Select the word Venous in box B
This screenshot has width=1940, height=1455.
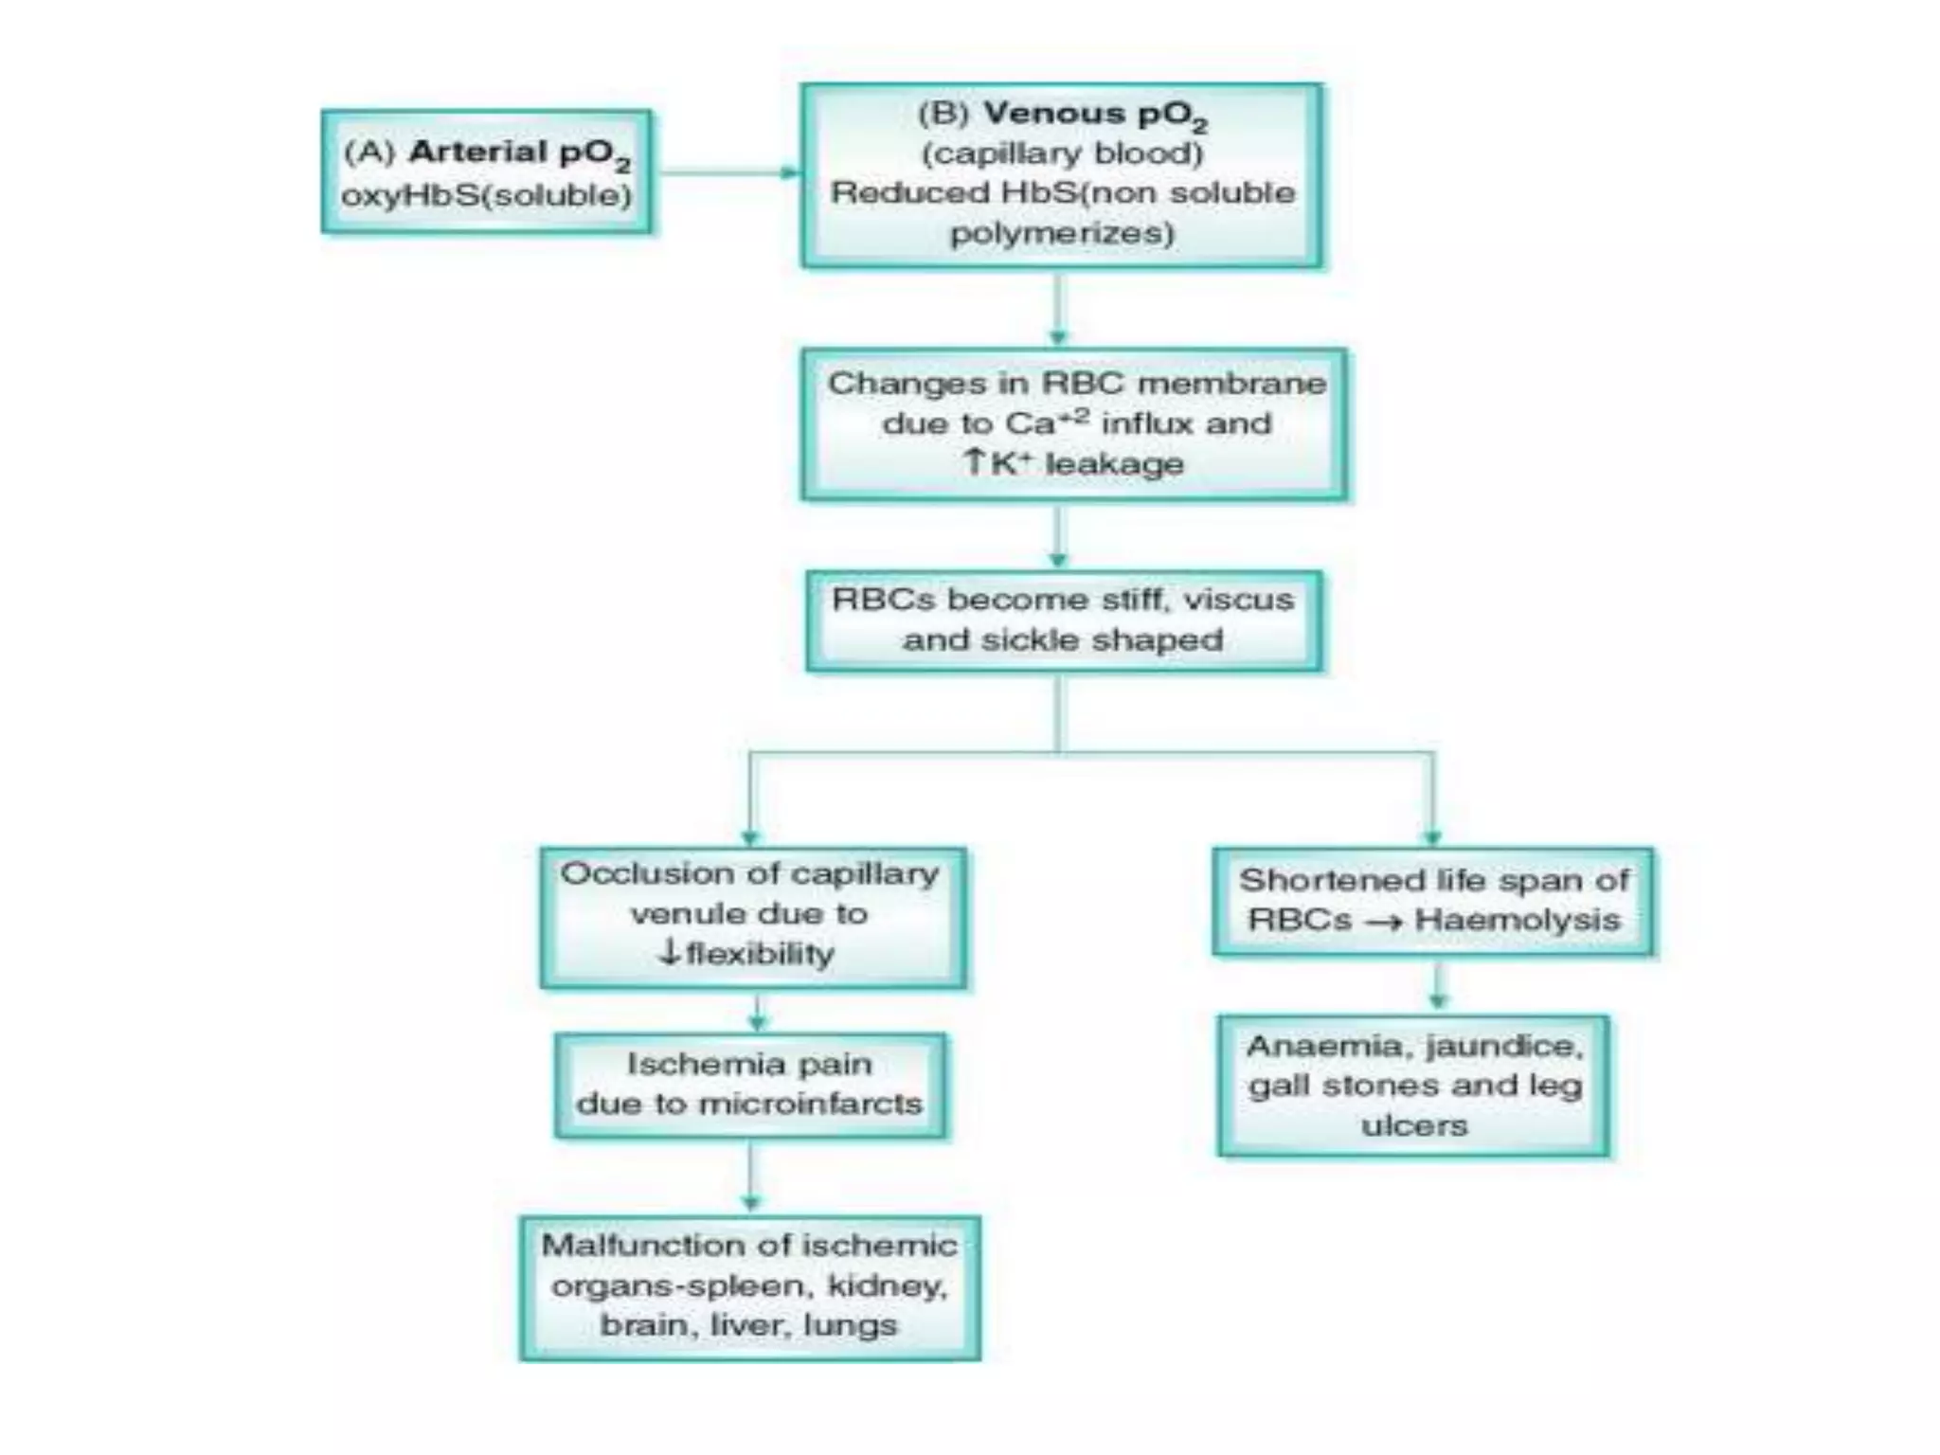(1052, 114)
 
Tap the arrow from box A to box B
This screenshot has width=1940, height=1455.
(726, 172)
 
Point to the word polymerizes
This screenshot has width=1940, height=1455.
(1062, 233)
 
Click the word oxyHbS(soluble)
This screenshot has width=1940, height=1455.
(486, 195)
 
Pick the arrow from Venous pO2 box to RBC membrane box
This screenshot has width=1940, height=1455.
(1058, 309)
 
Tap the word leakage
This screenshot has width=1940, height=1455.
(1114, 464)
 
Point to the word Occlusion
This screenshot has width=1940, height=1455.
(621, 873)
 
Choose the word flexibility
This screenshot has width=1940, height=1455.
(760, 954)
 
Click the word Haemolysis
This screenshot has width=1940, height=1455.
(1517, 920)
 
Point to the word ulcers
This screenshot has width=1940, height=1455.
(1414, 1125)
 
